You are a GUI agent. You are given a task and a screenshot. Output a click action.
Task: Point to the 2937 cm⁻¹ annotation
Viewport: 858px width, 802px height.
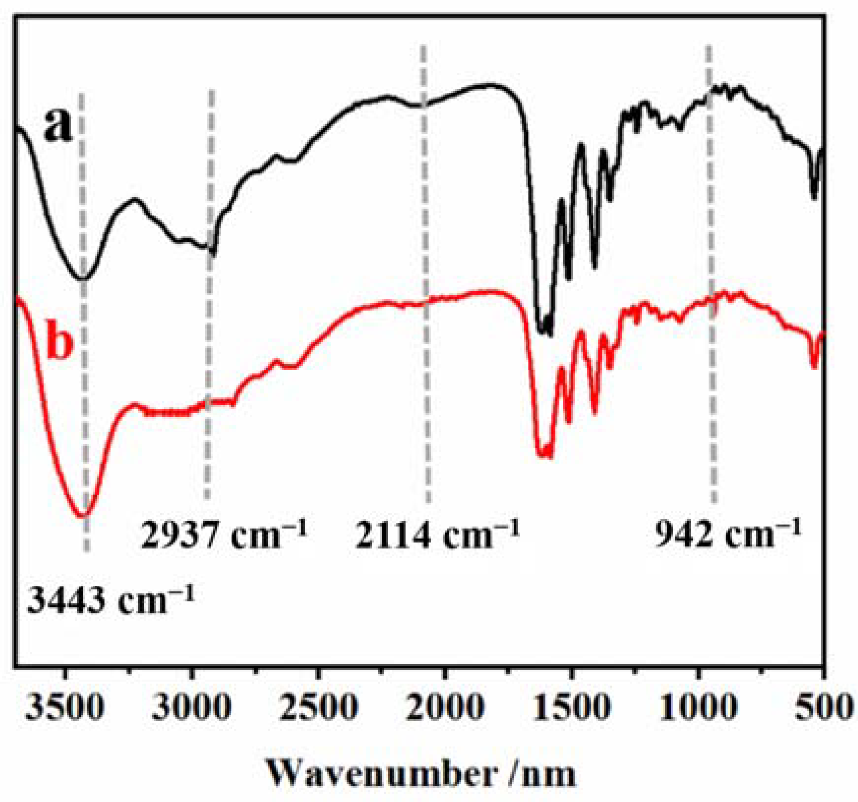pos(224,535)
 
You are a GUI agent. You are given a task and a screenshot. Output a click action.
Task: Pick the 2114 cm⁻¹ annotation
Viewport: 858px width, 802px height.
pos(437,535)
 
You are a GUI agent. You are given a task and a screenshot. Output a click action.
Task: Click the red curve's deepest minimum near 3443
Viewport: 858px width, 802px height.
pos(83,516)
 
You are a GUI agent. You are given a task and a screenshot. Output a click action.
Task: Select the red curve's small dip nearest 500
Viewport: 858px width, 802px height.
pos(814,366)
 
